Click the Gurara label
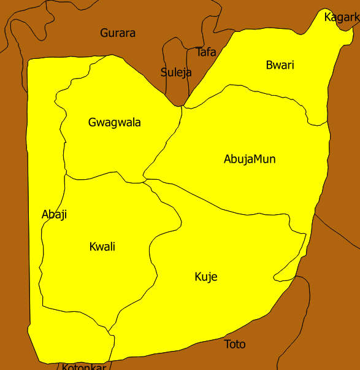pyautogui.click(x=118, y=33)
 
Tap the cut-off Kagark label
pyautogui.click(x=342, y=17)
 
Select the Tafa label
pyautogui.click(x=206, y=52)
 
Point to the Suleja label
pyautogui.click(x=176, y=72)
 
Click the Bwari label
pyautogui.click(x=280, y=65)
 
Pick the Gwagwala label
pyautogui.click(x=115, y=123)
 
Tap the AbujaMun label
pyautogui.click(x=250, y=160)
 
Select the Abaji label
pyautogui.click(x=54, y=215)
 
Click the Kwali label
pyautogui.click(x=102, y=247)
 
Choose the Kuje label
pyautogui.click(x=206, y=277)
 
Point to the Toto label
pyautogui.click(x=235, y=344)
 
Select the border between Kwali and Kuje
pyautogui.click(x=151, y=252)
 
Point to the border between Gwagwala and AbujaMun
pyautogui.click(x=164, y=147)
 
